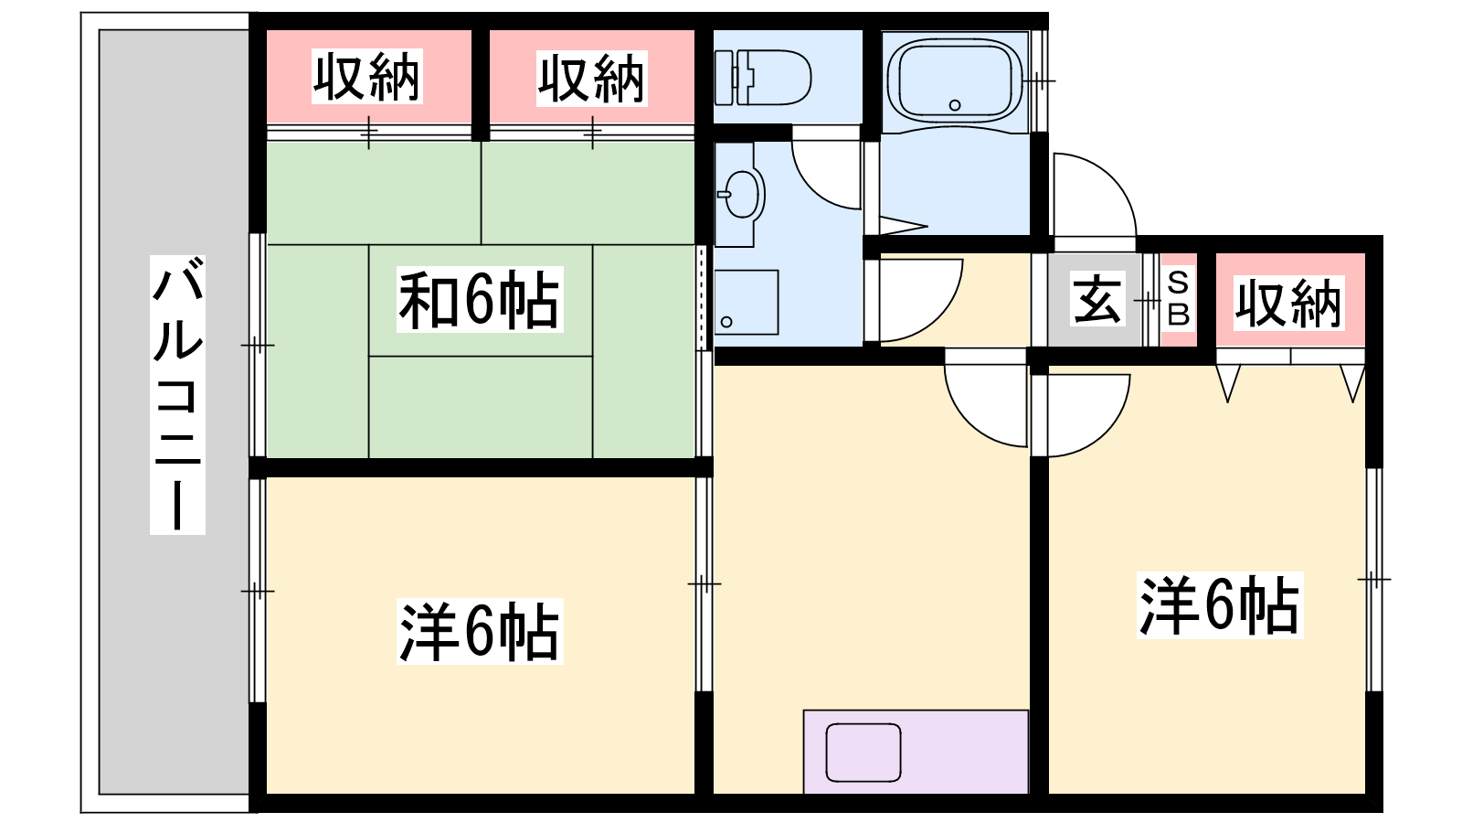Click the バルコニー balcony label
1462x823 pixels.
pos(177,394)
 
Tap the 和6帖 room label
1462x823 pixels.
pos(480,300)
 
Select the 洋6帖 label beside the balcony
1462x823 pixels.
pos(480,632)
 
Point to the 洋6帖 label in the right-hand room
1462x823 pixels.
pos(1220,605)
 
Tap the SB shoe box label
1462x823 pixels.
pos(1178,299)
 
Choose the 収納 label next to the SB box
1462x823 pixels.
pos(1289,303)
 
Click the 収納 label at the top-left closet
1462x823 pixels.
pos(366,77)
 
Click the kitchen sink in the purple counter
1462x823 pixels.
pos(863,753)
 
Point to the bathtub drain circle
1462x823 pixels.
pos(955,105)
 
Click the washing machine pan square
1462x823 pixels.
pos(746,303)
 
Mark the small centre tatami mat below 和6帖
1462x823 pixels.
pos(481,407)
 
